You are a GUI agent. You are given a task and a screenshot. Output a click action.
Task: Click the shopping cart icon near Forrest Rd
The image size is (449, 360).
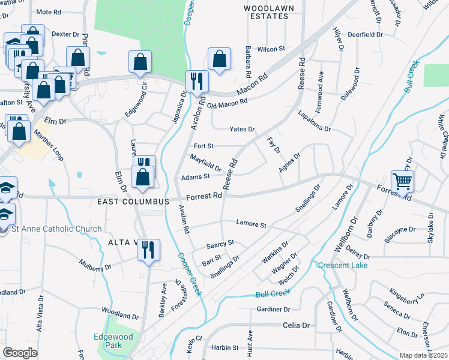point(402,181)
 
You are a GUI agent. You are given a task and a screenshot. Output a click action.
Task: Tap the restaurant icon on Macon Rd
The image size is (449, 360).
point(197,80)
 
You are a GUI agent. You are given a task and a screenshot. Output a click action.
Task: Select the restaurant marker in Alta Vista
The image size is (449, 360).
point(148,249)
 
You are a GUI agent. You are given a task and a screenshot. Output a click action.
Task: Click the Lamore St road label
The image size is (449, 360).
point(251,224)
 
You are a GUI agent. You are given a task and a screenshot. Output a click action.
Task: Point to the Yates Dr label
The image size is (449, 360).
point(242,129)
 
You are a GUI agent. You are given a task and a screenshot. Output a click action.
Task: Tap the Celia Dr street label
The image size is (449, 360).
point(297,325)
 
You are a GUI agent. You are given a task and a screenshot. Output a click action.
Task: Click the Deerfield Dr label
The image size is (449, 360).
point(365,35)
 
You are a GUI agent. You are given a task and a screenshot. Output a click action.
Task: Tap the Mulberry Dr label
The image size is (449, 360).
point(95,265)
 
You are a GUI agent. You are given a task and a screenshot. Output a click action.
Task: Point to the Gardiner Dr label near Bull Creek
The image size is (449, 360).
point(273,309)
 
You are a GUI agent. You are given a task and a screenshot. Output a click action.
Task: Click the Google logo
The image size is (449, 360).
point(20,353)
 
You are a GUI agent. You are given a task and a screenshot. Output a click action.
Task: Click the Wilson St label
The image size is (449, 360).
point(271,49)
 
